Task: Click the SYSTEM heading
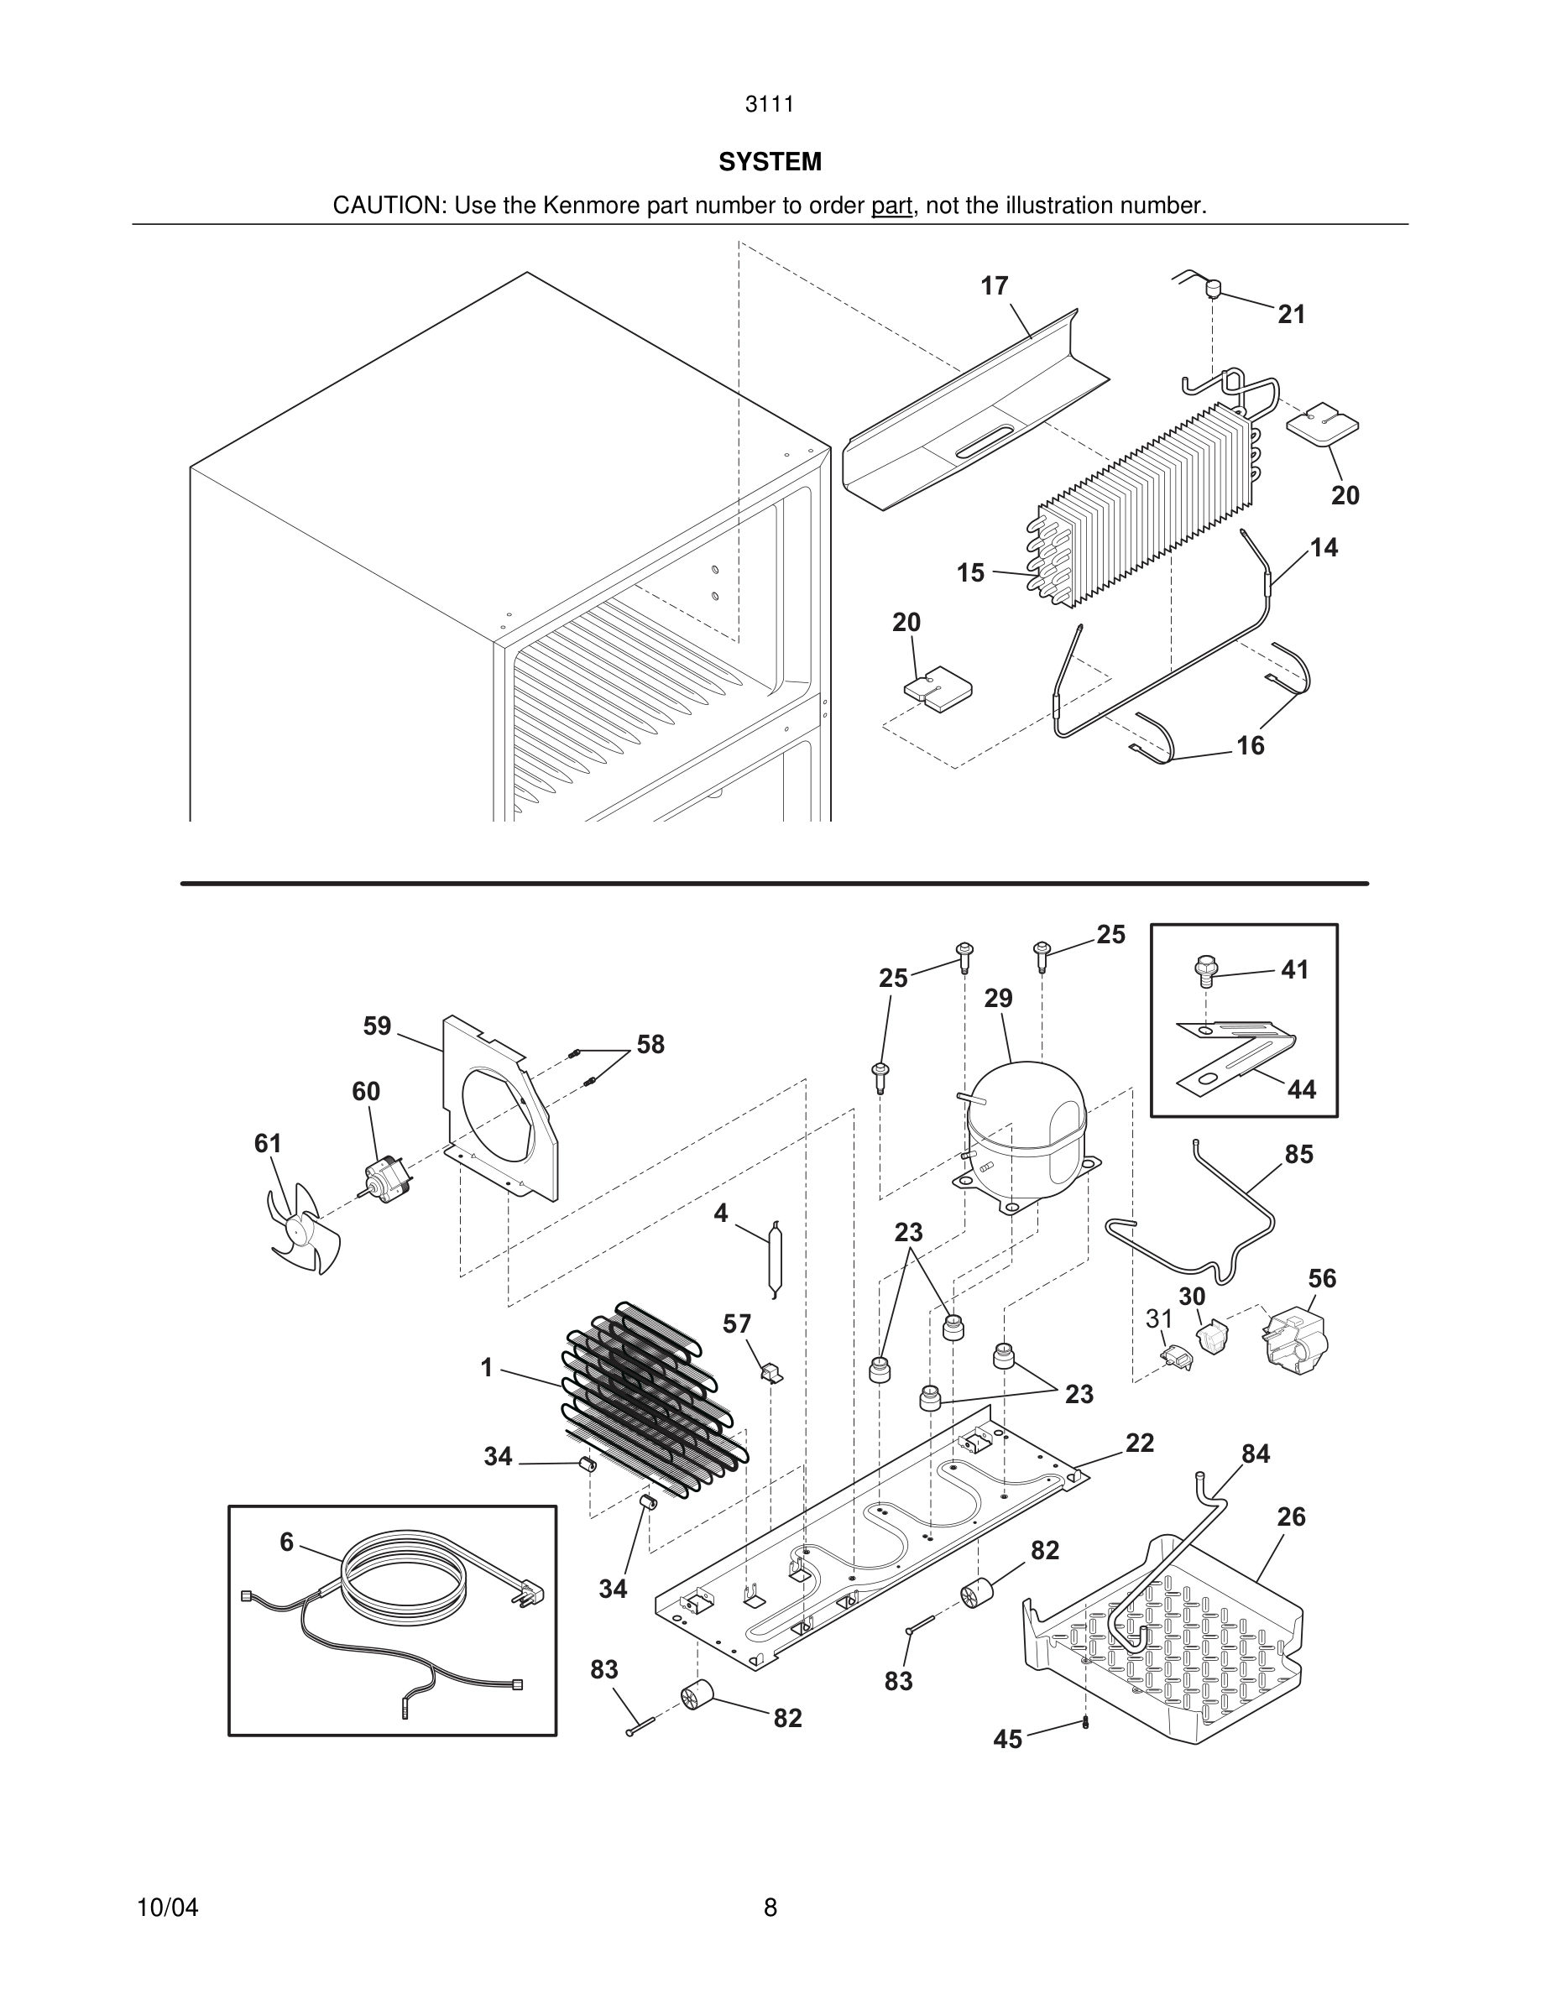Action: (x=770, y=162)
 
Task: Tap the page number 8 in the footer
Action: (x=770, y=1908)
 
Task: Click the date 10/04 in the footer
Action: (x=167, y=1908)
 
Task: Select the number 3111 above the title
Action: (x=770, y=104)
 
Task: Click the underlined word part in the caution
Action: (x=891, y=206)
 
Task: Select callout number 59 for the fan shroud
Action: (x=377, y=1026)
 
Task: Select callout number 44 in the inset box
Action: (x=1302, y=1089)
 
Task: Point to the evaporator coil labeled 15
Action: (x=1141, y=511)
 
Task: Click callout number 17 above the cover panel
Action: (x=994, y=287)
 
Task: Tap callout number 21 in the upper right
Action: (x=1291, y=315)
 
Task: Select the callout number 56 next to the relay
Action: (x=1322, y=1279)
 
